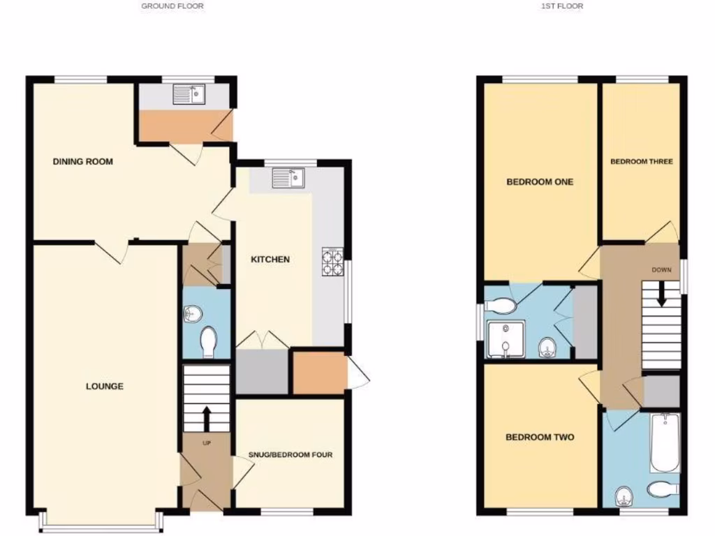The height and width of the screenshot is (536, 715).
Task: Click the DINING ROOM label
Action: coord(83,162)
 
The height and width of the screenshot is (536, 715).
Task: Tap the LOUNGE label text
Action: coord(105,386)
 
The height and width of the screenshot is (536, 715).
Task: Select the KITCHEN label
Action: coord(270,260)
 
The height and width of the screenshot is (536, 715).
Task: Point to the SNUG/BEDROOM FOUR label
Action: coord(290,455)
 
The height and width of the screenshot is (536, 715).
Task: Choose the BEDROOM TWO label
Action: coord(540,438)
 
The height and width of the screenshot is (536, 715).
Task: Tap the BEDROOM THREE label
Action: coord(641,162)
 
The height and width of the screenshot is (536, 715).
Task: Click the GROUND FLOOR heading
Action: coord(172,6)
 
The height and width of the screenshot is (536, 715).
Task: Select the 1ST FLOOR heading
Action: coord(562,6)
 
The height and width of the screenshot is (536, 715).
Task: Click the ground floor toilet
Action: coord(207,342)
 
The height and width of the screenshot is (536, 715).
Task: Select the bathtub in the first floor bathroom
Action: coord(664,442)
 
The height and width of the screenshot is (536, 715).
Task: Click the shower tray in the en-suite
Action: coord(504,339)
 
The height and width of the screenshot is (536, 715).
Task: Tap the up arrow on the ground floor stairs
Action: coord(206,418)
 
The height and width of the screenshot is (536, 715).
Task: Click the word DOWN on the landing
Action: coord(662,270)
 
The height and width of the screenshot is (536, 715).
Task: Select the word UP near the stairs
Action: coord(207,443)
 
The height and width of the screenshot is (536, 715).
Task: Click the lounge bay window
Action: coord(102,523)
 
